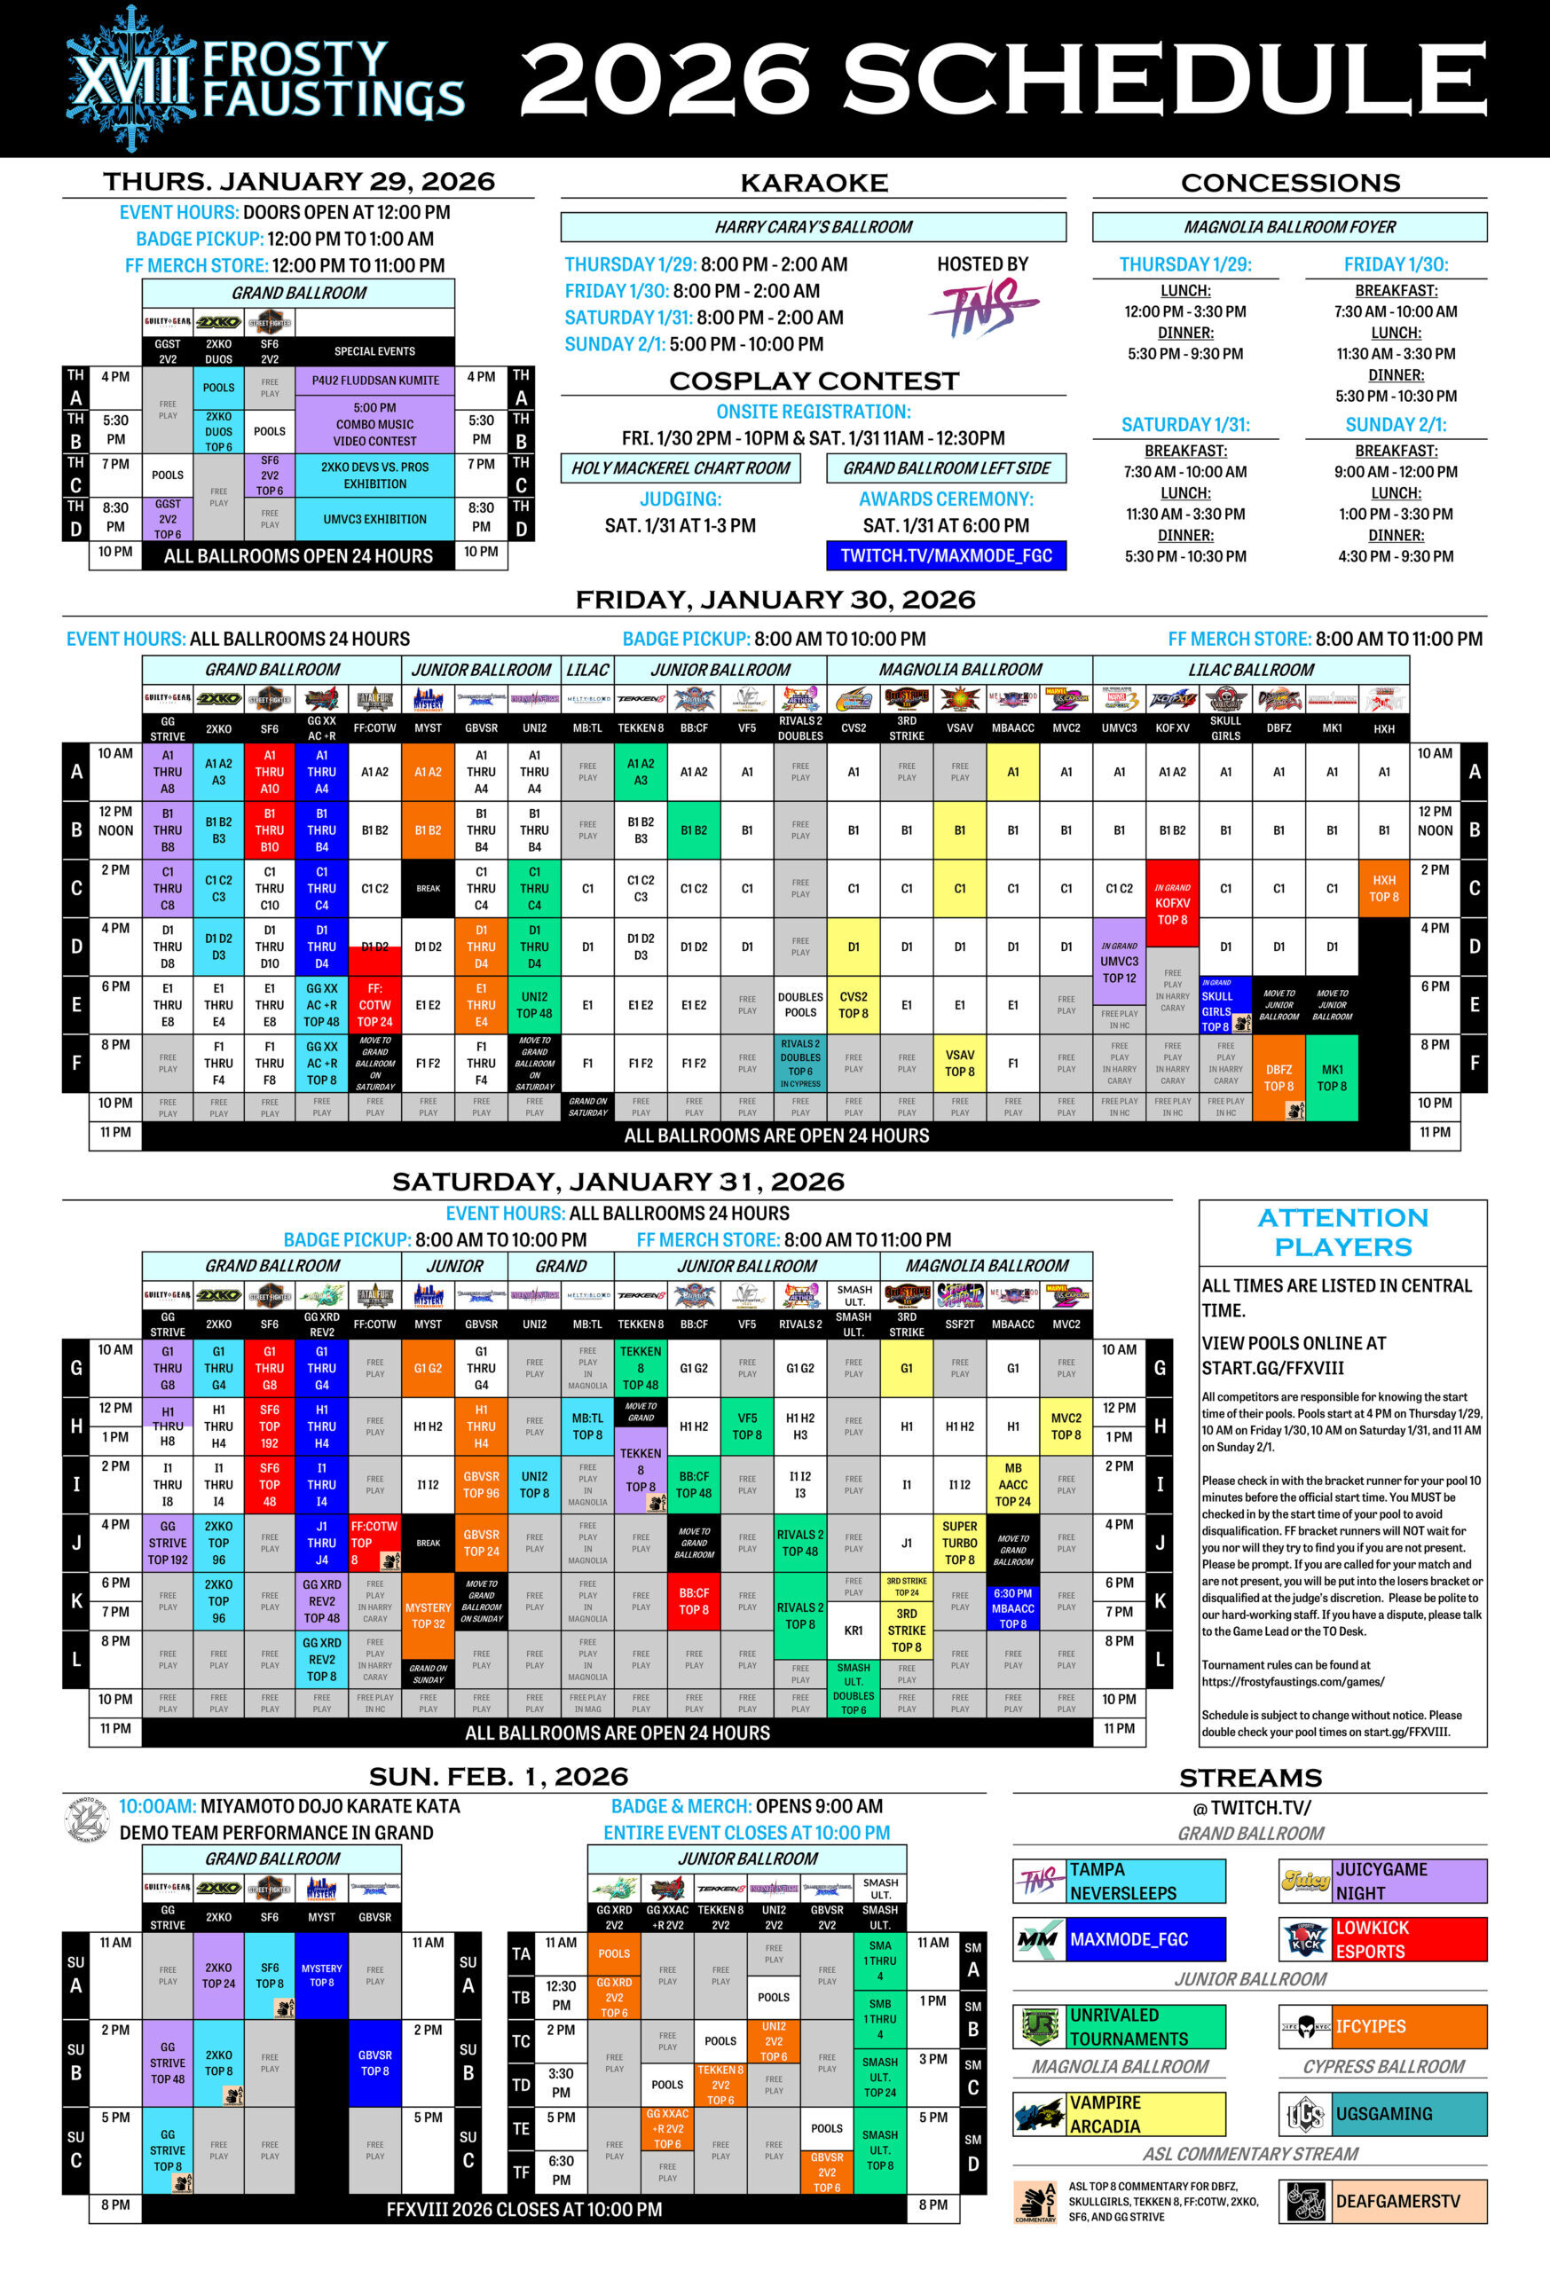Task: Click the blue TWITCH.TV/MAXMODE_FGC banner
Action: point(945,555)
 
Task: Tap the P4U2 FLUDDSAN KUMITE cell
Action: point(375,381)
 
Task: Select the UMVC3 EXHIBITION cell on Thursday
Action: point(375,519)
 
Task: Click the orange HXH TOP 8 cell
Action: point(1384,888)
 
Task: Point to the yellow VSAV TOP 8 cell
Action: point(960,1063)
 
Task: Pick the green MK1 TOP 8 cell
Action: point(1331,1078)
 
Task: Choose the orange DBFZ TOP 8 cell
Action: point(1279,1078)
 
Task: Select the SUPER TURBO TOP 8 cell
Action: point(960,1543)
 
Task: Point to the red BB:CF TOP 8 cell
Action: point(694,1600)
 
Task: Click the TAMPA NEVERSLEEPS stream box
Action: point(1119,1881)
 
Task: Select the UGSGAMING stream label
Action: point(1383,2114)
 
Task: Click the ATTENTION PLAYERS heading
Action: point(1342,1231)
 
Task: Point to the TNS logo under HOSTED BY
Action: point(983,308)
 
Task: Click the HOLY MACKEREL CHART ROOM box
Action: point(681,468)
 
